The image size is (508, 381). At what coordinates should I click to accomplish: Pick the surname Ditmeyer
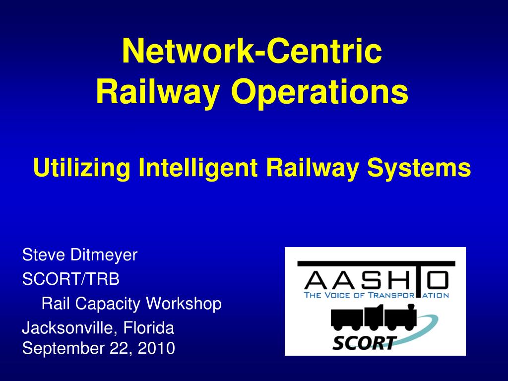point(104,255)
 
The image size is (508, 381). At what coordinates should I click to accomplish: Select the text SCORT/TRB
point(71,279)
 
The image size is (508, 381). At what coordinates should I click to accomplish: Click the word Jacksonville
point(70,328)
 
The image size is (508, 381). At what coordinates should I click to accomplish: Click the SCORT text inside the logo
point(365,342)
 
